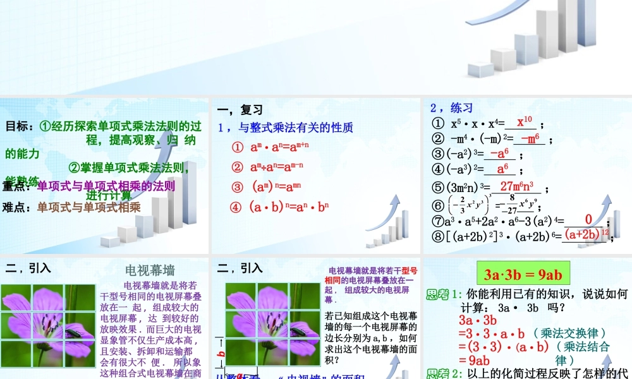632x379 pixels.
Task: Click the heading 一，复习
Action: coord(240,110)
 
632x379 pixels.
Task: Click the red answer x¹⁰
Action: coord(525,122)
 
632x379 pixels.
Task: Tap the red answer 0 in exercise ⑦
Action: coord(588,219)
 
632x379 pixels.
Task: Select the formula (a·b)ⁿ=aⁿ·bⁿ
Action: coord(281,207)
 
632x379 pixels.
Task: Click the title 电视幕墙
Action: coord(150,270)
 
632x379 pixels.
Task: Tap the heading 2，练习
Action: coord(451,107)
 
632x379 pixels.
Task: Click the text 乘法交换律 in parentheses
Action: coord(570,333)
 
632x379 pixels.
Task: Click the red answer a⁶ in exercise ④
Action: coord(502,169)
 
